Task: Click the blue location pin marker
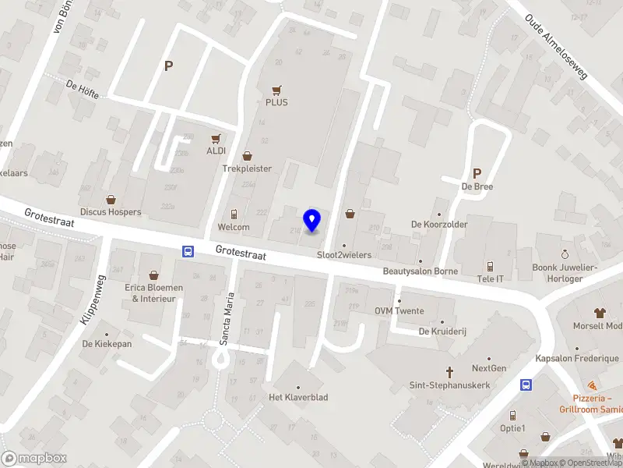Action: [312, 220]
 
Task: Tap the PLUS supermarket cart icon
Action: [276, 90]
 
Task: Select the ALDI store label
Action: [216, 150]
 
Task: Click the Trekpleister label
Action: [247, 168]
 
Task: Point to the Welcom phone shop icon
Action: [234, 214]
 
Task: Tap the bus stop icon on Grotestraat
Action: [188, 251]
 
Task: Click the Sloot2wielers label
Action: [344, 255]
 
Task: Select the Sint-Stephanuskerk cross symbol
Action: [449, 373]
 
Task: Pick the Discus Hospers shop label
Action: [111, 211]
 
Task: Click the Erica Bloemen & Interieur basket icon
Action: [154, 275]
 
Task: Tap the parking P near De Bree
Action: [477, 173]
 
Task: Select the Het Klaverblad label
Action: [298, 397]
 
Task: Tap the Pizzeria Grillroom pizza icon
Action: [592, 385]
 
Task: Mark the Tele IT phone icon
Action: [490, 266]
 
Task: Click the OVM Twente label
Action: [399, 311]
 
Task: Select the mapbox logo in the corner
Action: [35, 459]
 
